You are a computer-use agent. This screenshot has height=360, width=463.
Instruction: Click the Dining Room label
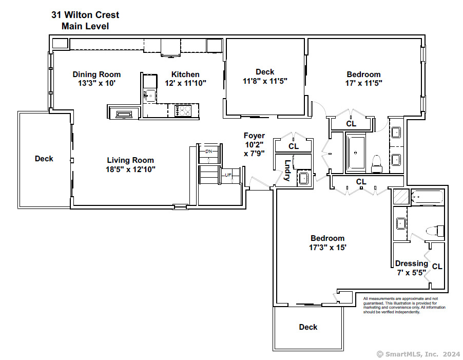97,74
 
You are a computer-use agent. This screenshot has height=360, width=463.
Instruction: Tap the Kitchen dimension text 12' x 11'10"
185,83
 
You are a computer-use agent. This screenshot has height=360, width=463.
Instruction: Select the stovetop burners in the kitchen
183,111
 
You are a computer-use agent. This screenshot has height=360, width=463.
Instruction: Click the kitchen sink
150,96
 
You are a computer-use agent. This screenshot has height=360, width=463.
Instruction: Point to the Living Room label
130,160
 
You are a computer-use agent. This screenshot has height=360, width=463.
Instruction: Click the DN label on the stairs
209,151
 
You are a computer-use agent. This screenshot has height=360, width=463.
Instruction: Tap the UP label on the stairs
228,175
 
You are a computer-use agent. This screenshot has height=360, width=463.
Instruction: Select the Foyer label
254,136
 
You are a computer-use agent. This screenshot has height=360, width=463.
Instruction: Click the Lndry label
287,170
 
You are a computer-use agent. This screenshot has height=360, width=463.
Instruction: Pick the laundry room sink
304,178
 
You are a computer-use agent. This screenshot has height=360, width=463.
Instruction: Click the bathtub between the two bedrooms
356,153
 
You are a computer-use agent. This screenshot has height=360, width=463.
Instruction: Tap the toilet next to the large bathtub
376,164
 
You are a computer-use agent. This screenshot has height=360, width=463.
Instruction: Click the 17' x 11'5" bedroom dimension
364,83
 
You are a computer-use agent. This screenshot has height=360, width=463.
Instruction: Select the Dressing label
412,263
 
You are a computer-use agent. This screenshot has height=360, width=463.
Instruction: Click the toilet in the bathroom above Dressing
435,231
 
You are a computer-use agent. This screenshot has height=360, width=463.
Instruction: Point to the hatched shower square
401,196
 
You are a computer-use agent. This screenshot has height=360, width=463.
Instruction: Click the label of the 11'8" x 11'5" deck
265,72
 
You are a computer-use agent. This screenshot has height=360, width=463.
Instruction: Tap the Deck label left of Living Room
44,159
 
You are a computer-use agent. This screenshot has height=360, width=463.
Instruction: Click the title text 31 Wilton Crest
85,15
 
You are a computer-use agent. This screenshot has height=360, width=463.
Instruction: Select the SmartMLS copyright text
418,354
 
